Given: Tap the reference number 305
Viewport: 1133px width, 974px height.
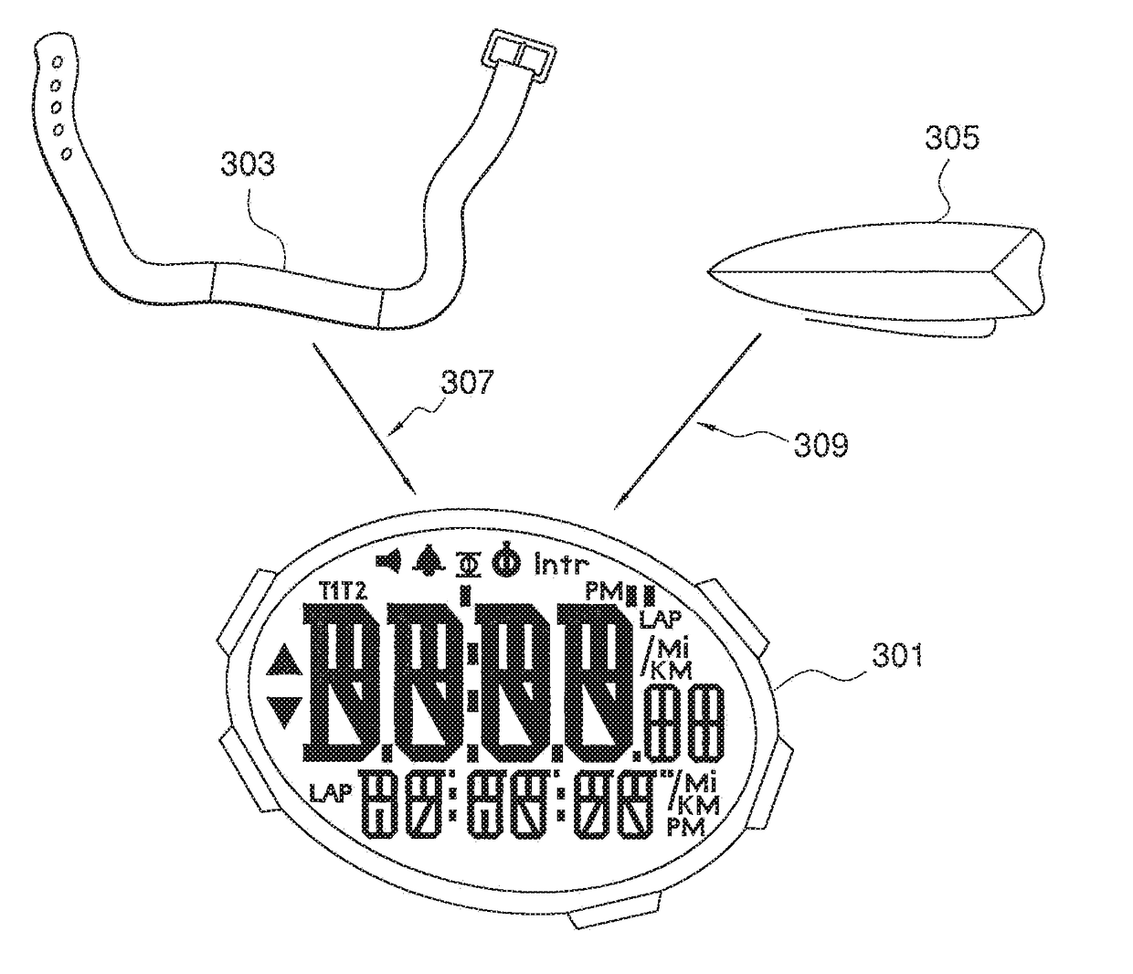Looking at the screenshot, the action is [x=951, y=138].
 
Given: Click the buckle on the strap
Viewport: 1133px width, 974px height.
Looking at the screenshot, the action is [x=514, y=58].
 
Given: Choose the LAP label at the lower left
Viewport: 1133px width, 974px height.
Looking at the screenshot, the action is [x=330, y=792].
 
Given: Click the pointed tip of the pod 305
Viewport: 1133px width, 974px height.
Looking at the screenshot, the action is [x=713, y=269].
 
